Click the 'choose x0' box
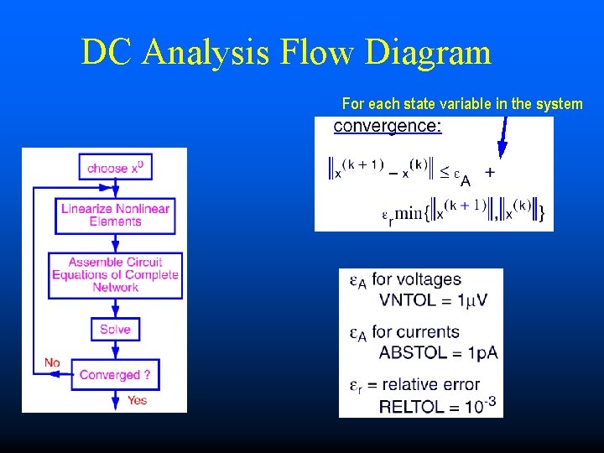pyautogui.click(x=115, y=168)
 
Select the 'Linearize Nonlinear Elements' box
pyautogui.click(x=115, y=216)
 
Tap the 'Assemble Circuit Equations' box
pyautogui.click(x=115, y=274)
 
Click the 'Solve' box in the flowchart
pyautogui.click(x=115, y=330)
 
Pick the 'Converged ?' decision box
pyautogui.click(x=115, y=375)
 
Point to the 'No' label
pyautogui.click(x=52, y=362)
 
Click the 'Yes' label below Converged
pyautogui.click(x=137, y=400)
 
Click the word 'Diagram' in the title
pyautogui.click(x=428, y=53)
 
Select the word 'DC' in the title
pyautogui.click(x=107, y=53)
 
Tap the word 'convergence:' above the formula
pyautogui.click(x=388, y=127)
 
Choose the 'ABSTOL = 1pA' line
pyautogui.click(x=438, y=352)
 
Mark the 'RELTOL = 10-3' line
pyautogui.click(x=438, y=407)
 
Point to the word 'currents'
pyautogui.click(x=427, y=332)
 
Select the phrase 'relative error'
pyautogui.click(x=441, y=385)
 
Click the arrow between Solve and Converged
pyautogui.click(x=115, y=351)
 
